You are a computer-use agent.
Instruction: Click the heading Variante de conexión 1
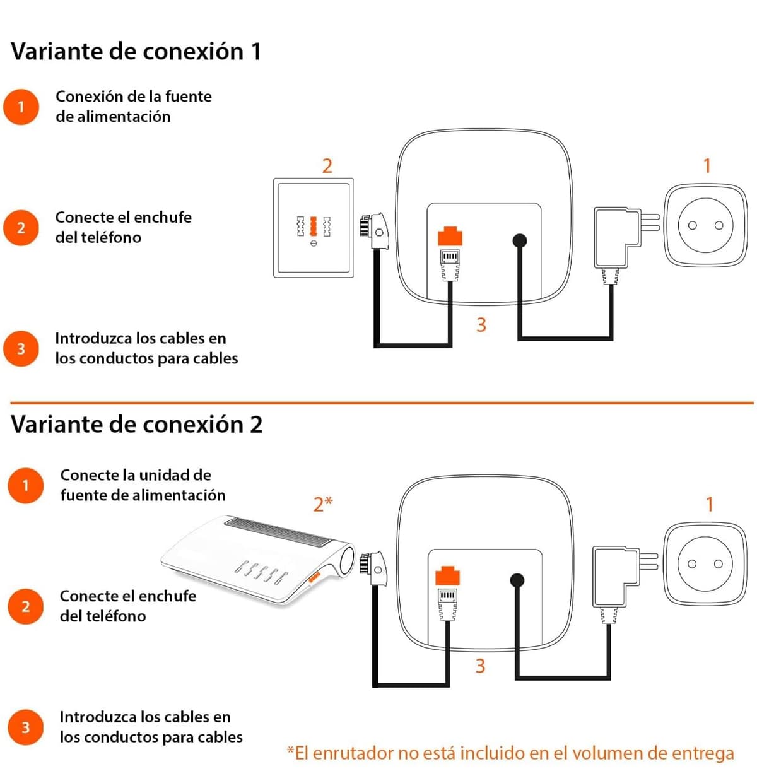(x=136, y=52)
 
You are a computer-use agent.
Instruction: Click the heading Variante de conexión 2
(x=137, y=425)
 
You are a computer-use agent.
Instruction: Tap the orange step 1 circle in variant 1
(x=21, y=107)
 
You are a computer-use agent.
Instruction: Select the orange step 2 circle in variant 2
(x=25, y=606)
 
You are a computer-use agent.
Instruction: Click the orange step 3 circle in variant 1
(x=21, y=348)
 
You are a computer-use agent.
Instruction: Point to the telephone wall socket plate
(x=314, y=228)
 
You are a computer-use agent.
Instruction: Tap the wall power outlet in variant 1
(x=705, y=225)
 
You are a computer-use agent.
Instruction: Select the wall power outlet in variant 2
(x=705, y=564)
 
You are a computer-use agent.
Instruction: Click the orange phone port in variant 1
(x=450, y=236)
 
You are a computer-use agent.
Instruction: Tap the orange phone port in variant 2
(x=447, y=575)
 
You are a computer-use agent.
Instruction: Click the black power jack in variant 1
(x=519, y=240)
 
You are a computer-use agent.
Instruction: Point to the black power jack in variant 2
(x=517, y=580)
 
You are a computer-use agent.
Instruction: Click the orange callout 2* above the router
(x=322, y=505)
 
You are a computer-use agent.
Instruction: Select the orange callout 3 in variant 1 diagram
(x=481, y=325)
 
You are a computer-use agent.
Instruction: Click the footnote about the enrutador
(x=510, y=753)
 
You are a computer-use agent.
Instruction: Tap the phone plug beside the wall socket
(x=373, y=232)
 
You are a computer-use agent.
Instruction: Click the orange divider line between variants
(x=382, y=403)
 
